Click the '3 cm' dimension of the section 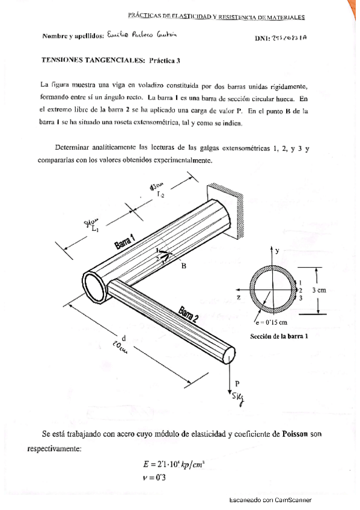click(319, 289)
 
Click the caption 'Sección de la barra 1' click(278, 336)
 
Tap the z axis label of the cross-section click(239, 297)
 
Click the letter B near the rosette click(184, 265)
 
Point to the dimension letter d click(123, 337)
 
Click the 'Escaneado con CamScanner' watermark click(270, 500)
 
